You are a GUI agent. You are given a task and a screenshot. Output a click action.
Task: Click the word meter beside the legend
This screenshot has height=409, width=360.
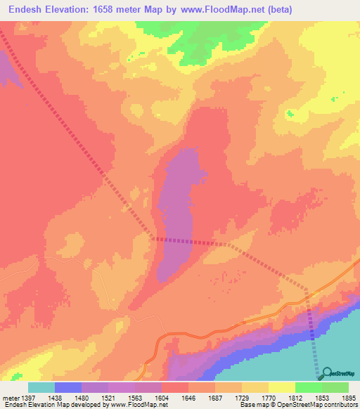[12, 398]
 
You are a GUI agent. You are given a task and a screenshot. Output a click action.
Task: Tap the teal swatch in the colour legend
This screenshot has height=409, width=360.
[41, 387]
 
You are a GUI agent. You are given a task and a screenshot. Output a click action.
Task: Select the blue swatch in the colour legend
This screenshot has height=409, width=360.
[68, 387]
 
